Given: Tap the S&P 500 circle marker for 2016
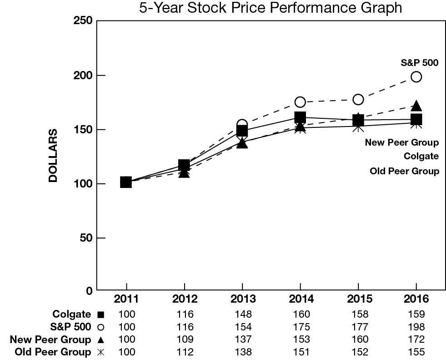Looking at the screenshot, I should (416, 76).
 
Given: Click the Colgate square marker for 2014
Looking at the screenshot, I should (300, 117).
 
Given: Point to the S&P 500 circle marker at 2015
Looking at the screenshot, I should (358, 99).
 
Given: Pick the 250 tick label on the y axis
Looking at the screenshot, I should (83, 21).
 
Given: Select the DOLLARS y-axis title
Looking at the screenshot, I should (54, 156).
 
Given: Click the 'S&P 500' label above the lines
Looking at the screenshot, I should (419, 63).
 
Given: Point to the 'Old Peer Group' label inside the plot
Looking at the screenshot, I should (404, 171).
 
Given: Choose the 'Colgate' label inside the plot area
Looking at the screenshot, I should (421, 157).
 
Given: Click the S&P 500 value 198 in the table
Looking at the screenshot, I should (416, 327).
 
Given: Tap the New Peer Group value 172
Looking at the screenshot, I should (416, 340).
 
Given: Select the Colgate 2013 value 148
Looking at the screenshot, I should (242, 314).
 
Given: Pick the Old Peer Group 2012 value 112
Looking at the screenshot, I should (184, 352).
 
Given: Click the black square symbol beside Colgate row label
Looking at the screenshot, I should (101, 314).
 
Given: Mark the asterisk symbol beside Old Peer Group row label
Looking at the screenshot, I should (101, 352).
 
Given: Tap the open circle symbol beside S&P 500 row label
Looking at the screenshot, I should (101, 327).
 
